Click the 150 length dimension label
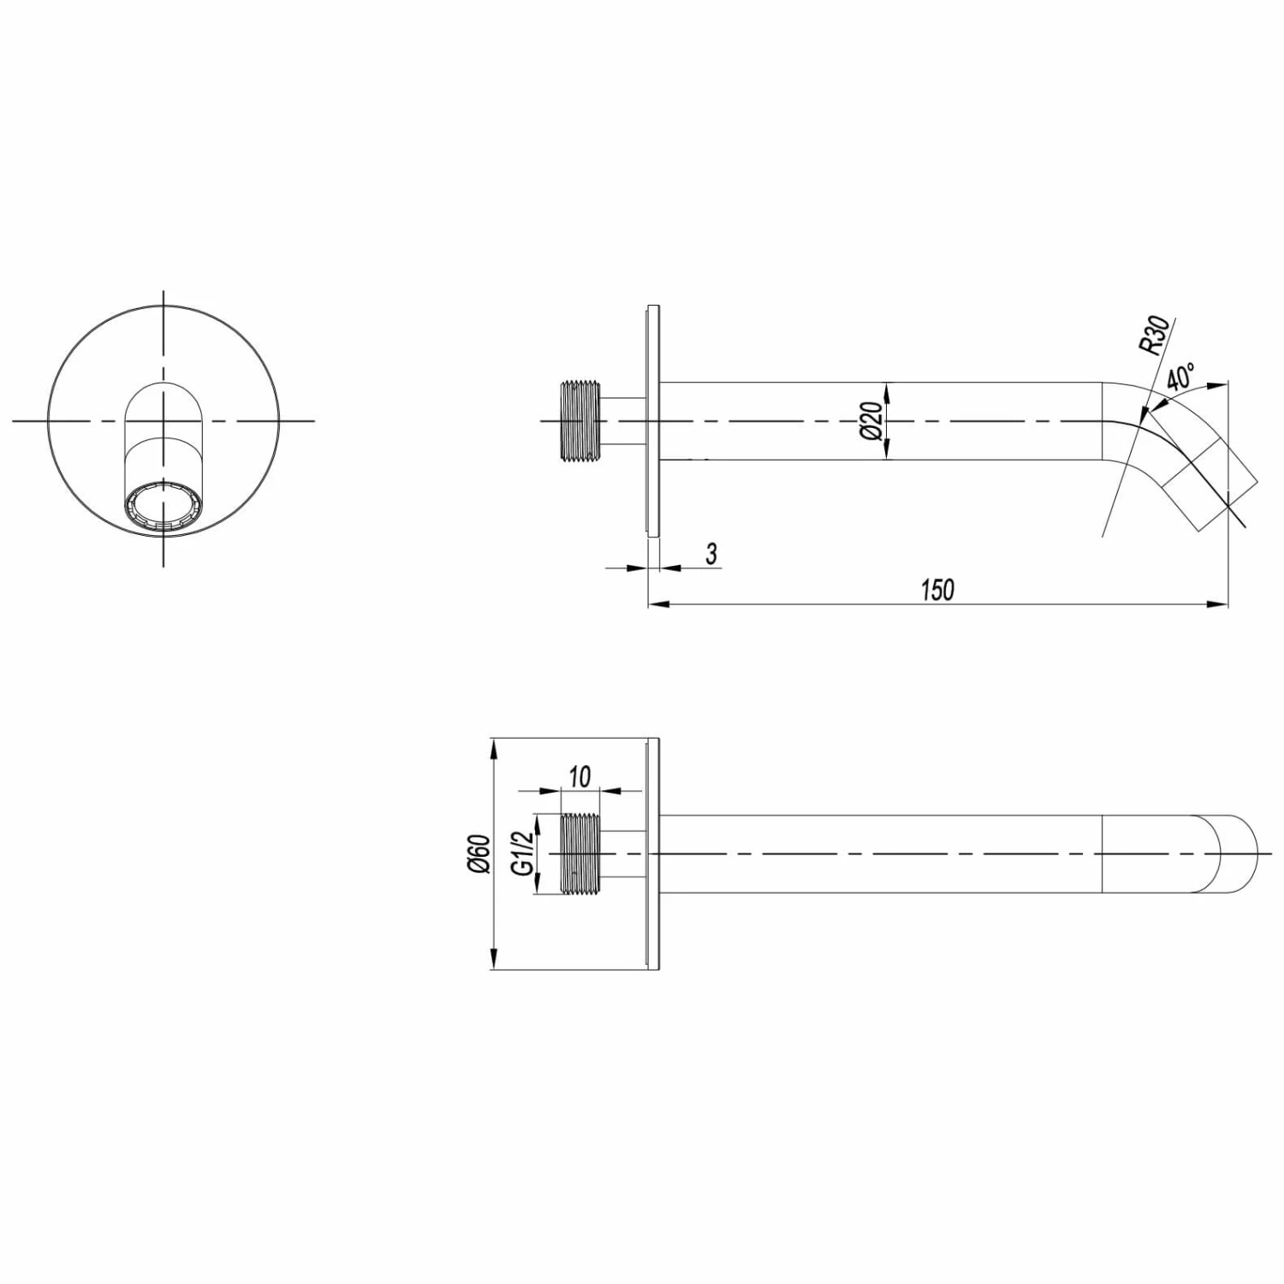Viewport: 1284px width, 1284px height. tap(937, 590)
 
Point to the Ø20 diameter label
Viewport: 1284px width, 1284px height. tap(871, 421)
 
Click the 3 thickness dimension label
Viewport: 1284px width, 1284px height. tap(710, 554)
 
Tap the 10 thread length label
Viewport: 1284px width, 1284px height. tap(580, 776)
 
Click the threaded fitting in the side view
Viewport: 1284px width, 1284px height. tap(580, 421)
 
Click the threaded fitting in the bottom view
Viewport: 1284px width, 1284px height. tap(580, 853)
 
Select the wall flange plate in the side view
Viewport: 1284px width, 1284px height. tap(653, 421)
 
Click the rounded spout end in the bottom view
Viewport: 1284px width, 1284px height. tap(1241, 853)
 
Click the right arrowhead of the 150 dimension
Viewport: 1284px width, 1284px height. tap(1220, 605)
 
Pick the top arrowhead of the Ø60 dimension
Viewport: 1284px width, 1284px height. tap(493, 747)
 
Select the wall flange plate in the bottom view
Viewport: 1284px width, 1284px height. tap(653, 853)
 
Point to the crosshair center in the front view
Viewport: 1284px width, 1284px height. tap(163, 421)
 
